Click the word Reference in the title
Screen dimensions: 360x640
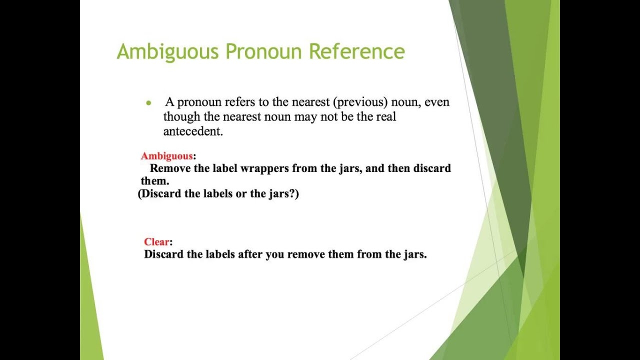coord(356,52)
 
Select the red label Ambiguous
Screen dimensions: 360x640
coord(166,156)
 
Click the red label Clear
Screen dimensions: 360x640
coord(156,242)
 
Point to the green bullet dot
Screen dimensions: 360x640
coord(148,103)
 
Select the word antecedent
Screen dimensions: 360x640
coord(192,131)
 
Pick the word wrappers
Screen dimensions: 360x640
coord(264,168)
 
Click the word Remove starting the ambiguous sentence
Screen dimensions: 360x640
coord(170,168)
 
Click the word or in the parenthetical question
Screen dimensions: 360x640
coord(241,193)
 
